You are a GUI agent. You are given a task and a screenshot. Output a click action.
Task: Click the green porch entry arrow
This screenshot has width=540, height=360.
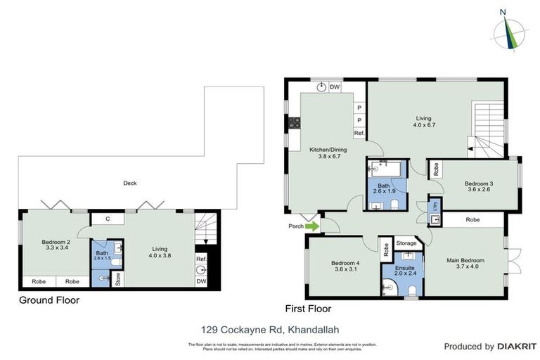311,226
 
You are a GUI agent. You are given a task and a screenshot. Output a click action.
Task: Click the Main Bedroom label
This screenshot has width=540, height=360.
465,264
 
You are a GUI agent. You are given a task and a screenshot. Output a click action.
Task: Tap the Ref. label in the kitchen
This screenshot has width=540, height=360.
359,134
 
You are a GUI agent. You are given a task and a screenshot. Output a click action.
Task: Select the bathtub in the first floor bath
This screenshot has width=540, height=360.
384,169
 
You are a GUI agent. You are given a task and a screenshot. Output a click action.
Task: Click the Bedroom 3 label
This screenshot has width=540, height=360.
479,187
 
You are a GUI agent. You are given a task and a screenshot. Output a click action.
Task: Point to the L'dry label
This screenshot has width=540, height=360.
435,207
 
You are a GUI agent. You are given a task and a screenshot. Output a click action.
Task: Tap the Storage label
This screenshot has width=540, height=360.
406,243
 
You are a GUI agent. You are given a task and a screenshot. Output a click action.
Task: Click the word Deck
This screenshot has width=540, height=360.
129,183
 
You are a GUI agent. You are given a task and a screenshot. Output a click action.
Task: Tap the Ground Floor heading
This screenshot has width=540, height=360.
49,300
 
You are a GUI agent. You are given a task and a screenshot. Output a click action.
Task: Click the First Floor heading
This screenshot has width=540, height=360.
308,309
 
